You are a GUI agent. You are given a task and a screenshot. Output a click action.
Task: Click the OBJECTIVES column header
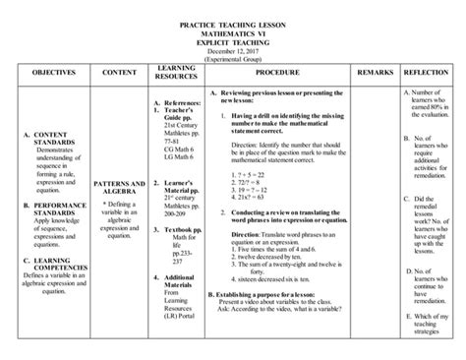coord(44,74)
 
